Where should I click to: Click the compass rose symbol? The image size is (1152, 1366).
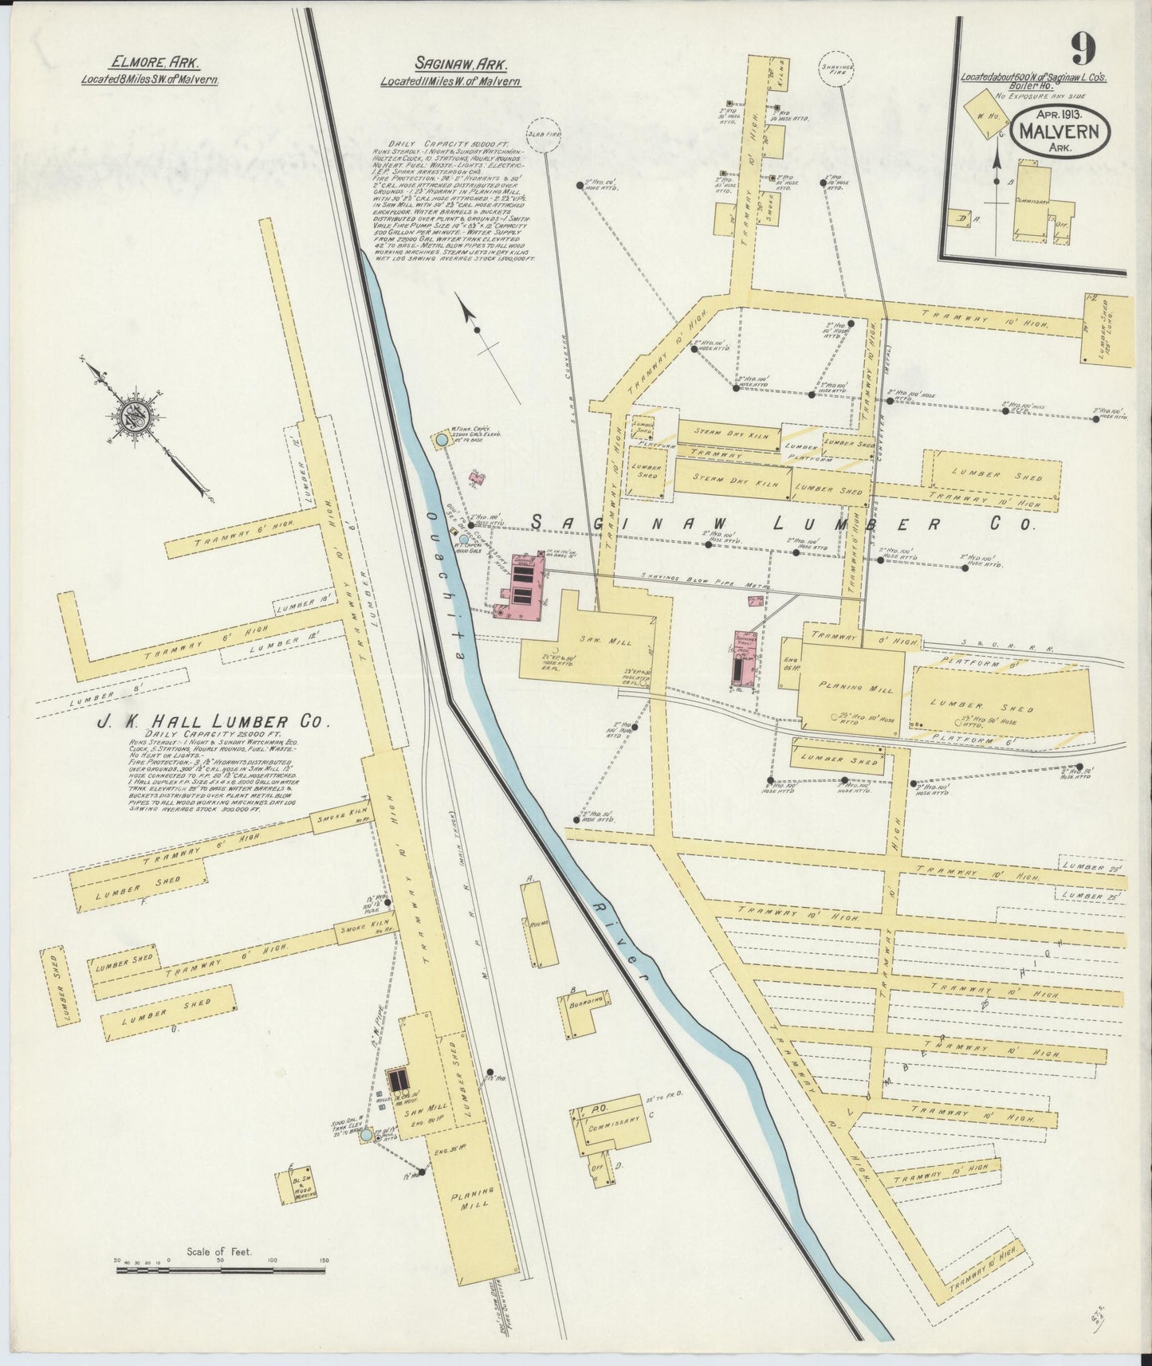131,415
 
